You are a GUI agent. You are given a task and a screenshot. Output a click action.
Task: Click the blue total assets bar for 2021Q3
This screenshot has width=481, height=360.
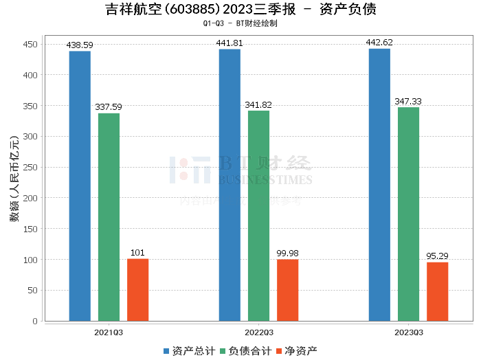coord(80,185)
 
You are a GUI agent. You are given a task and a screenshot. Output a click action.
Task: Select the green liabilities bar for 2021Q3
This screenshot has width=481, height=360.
coord(109,217)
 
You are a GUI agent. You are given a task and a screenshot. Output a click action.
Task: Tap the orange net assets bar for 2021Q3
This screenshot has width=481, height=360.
coord(137,290)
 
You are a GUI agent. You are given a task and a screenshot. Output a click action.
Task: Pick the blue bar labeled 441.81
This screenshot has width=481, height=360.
coord(230,185)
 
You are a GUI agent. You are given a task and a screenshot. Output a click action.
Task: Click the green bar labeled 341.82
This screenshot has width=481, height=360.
coord(258,216)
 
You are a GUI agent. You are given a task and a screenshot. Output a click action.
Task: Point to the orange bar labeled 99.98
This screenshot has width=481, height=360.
coord(287,290)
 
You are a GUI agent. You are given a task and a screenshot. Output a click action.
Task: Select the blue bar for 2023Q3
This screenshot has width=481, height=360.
coord(379,185)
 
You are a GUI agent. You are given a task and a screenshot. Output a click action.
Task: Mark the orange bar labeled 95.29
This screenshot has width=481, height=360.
coord(437,291)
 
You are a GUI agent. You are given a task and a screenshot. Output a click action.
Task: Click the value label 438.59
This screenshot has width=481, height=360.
coord(80,45)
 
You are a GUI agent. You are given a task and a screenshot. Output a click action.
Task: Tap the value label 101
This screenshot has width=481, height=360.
coord(137,253)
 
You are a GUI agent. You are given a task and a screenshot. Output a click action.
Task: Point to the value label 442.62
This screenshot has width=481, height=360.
coord(379,43)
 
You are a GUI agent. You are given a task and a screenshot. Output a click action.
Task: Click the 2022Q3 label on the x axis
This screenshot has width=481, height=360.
coord(258,332)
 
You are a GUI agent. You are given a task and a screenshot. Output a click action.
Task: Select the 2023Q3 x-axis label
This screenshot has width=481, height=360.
coord(408,332)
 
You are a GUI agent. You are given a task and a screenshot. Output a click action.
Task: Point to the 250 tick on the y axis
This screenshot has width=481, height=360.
coord(30,167)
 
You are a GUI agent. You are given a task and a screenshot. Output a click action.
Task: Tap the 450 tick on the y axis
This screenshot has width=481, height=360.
coord(30,44)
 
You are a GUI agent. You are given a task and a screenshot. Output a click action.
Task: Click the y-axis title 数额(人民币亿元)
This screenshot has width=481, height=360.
coord(14,183)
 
